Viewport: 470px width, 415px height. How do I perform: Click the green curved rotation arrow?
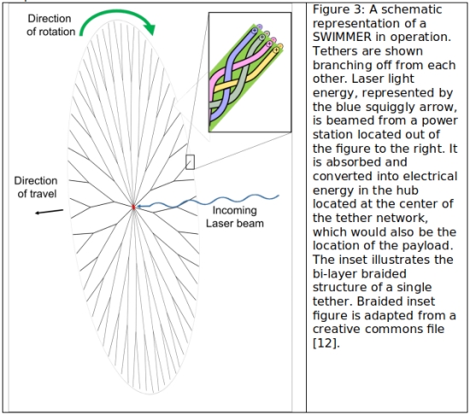click(x=118, y=12)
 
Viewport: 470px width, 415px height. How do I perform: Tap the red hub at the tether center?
click(x=133, y=207)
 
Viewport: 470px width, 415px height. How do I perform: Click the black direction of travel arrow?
click(x=50, y=212)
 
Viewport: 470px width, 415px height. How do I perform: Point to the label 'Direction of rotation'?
click(x=50, y=25)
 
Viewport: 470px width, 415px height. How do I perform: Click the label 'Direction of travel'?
click(x=36, y=187)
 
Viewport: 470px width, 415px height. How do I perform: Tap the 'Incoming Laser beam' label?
click(x=235, y=217)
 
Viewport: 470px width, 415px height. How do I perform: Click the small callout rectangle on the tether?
click(x=190, y=162)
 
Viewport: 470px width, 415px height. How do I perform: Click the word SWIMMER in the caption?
click(x=342, y=37)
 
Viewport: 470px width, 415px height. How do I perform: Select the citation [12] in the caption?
click(x=326, y=343)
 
